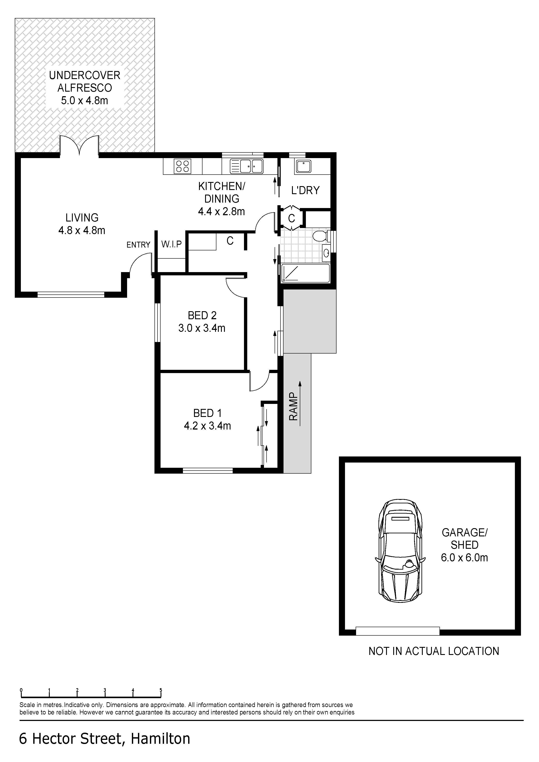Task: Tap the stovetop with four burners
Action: point(182,166)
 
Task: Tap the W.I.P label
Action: point(171,244)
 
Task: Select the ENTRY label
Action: point(138,245)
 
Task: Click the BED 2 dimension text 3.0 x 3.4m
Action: point(202,328)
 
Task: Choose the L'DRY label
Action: point(305,190)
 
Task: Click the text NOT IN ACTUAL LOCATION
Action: point(434,651)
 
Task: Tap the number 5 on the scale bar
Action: point(161,690)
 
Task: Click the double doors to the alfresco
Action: point(79,145)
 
